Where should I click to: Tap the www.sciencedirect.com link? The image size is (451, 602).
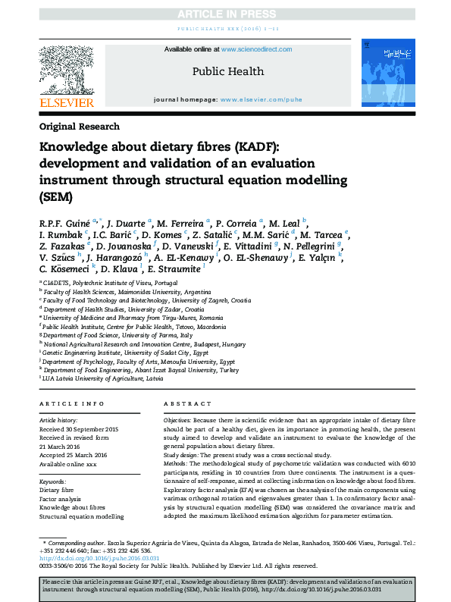coord(256,49)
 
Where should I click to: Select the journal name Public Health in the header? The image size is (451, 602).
coord(226,71)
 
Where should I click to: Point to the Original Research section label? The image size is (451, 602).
coord(79,127)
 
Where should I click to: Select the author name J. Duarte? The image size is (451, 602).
coord(127,224)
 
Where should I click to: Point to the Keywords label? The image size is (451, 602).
coord(53,481)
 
